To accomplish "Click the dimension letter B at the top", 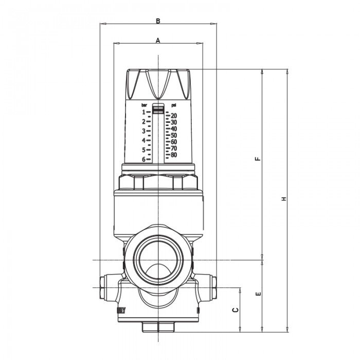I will [158, 21].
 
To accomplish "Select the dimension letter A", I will [158, 40].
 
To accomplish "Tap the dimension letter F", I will [258, 158].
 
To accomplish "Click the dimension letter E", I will [258, 295].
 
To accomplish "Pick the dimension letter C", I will [235, 310].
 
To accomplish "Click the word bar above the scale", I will [144, 105].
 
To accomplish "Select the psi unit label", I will [174, 105].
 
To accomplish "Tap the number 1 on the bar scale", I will [143, 112].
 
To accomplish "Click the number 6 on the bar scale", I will [143, 159].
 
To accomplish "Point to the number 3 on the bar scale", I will [143, 131].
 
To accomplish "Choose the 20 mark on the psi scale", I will [174, 115].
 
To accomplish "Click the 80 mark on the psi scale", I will [174, 154].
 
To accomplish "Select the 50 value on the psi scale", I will [174, 135].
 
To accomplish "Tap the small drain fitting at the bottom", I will [158, 326].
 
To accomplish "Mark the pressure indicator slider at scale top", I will [158, 109].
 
